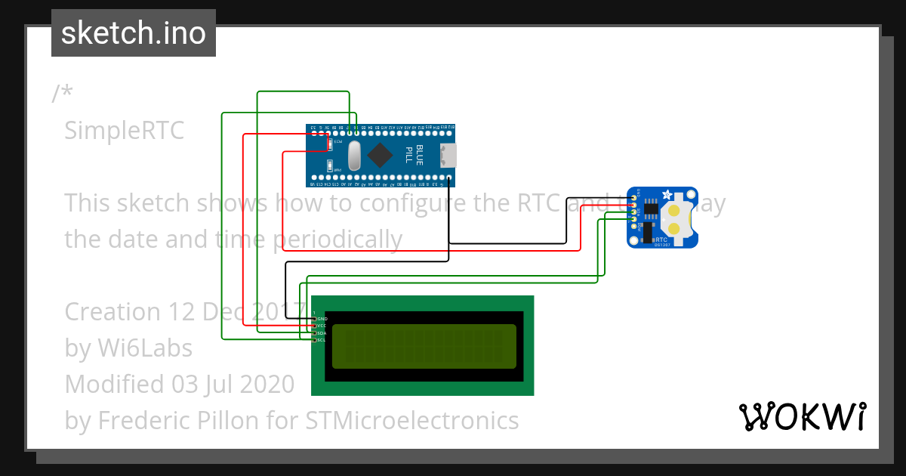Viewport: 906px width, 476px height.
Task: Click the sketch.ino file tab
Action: click(133, 33)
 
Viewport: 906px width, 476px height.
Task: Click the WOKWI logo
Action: click(802, 416)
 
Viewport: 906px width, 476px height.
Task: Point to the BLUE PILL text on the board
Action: click(414, 154)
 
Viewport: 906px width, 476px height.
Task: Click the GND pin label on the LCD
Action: click(321, 320)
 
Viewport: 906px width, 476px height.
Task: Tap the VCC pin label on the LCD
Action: click(321, 326)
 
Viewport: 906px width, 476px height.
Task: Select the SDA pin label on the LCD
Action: click(321, 333)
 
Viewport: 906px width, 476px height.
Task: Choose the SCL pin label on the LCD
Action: click(321, 340)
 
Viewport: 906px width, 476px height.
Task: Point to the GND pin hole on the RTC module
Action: click(633, 197)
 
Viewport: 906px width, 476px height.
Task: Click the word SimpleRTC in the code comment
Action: click(124, 130)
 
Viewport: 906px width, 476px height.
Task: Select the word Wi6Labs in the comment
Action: click(145, 348)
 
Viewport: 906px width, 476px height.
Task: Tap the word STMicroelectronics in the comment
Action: click(412, 420)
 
